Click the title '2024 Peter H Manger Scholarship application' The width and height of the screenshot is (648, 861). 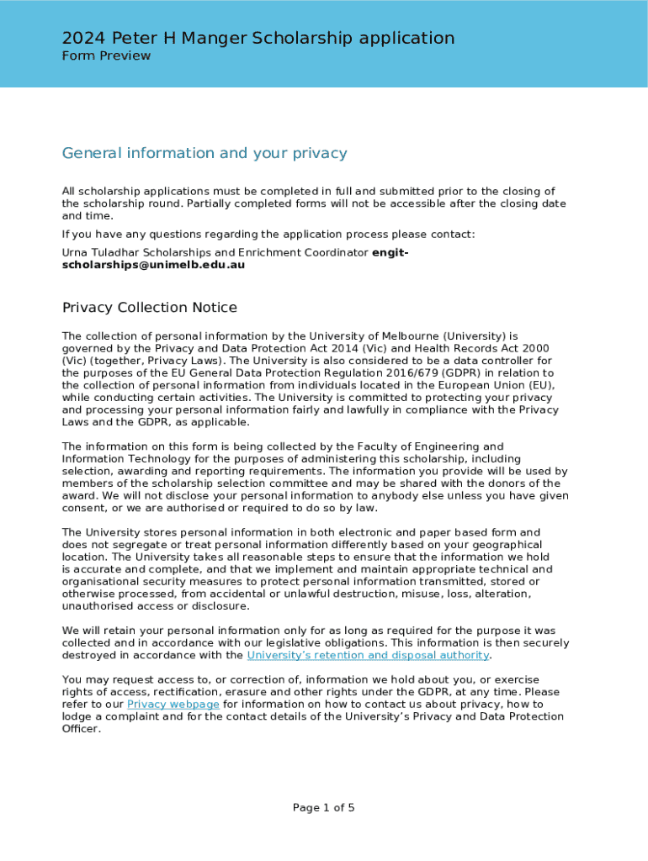[x=258, y=38]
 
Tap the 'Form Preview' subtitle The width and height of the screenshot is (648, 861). [x=106, y=55]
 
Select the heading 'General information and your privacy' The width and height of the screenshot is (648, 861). [x=204, y=153]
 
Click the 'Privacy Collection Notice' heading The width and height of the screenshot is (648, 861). [x=150, y=308]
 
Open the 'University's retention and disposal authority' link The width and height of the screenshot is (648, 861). [x=368, y=655]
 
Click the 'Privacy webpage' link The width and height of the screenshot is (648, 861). [x=173, y=704]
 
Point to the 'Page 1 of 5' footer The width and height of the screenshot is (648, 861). [x=324, y=808]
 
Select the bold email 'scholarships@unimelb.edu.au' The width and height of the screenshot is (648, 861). [x=154, y=264]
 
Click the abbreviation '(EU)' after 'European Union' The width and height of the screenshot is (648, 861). [x=539, y=385]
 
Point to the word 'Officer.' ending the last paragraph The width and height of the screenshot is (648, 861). [x=82, y=729]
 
